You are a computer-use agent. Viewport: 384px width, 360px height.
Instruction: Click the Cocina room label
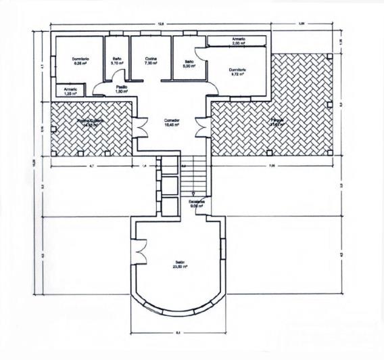coord(151,59)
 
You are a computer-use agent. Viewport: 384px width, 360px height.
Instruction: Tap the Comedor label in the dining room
coord(171,120)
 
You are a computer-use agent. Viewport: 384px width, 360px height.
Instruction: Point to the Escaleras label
coord(197,201)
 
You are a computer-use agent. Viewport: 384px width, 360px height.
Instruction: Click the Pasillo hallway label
coord(122,87)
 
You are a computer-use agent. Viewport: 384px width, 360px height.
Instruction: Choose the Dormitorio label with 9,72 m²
coord(237,70)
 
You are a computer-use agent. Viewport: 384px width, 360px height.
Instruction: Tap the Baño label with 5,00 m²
coord(189,62)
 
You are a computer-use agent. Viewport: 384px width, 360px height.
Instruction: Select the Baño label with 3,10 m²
coord(117,59)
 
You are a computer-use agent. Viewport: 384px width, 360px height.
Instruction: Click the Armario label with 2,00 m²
coord(238,39)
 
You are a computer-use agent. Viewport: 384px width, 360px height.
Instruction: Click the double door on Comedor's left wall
coord(141,126)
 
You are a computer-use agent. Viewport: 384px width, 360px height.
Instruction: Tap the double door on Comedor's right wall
coord(201,126)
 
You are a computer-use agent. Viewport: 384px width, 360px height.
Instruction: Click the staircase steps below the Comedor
coord(194,174)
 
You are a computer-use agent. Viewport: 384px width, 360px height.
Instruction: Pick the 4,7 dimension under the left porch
coord(90,164)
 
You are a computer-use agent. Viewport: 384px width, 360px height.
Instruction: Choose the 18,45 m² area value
coord(171,126)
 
